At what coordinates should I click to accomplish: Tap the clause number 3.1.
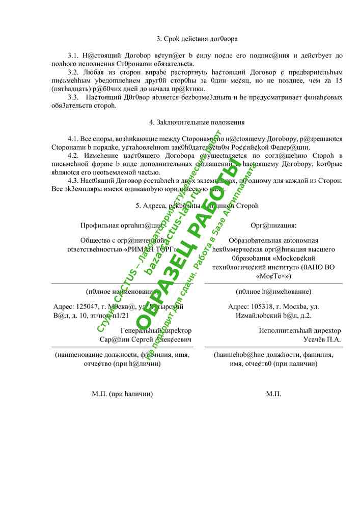73,55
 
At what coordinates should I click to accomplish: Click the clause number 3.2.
73,72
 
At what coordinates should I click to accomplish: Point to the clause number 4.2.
73,155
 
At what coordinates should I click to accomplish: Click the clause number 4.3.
73,180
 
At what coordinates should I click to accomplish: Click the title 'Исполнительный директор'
300,331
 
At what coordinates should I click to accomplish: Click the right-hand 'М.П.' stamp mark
273,394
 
